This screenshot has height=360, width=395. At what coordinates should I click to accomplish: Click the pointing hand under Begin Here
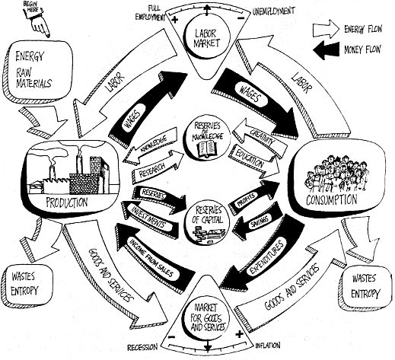(40, 24)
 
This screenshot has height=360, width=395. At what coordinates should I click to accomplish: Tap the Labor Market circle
(206, 39)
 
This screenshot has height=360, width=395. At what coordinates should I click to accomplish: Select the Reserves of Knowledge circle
(207, 139)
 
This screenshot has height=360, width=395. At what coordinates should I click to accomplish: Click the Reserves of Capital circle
(207, 221)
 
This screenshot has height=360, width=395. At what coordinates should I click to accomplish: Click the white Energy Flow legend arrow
(326, 29)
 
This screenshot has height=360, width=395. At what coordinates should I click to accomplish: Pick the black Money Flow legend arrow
(326, 49)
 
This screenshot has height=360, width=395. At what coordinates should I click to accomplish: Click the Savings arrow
(256, 220)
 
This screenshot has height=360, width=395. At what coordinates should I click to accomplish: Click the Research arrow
(157, 166)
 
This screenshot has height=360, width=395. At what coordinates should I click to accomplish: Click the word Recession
(142, 347)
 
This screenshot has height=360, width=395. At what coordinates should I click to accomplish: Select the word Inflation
(268, 346)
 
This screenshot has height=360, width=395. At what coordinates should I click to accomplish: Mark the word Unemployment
(273, 11)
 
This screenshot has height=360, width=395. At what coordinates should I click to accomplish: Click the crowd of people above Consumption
(336, 174)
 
